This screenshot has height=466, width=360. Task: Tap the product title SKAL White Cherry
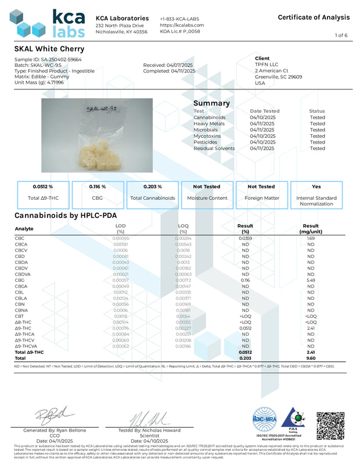[49, 49]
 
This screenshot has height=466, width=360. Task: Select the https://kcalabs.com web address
[182, 25]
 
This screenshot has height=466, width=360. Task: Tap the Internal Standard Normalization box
[316, 195]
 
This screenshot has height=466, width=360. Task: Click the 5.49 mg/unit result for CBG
[311, 264]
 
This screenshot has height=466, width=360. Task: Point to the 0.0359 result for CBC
[245, 238]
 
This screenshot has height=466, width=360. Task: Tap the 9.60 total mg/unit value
[311, 359]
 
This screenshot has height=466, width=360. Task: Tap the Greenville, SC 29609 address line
[278, 76]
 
